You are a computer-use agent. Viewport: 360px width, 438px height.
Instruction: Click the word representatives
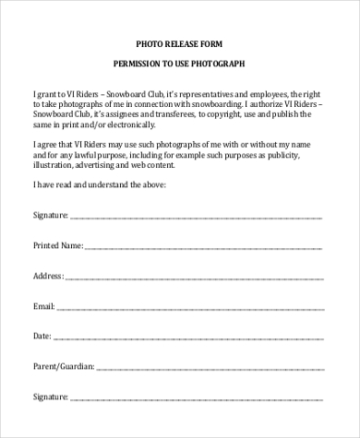[x=193, y=92]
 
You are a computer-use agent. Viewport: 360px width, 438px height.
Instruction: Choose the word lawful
[x=80, y=153]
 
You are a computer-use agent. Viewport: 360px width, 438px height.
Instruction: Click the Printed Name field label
[x=58, y=246]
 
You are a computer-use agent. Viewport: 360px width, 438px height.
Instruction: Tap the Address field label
[x=47, y=276]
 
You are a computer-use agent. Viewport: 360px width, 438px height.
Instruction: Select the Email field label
[x=43, y=306]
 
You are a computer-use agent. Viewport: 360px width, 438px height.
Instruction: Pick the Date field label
[x=42, y=337]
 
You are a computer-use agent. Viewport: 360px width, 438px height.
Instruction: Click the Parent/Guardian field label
[x=63, y=367]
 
